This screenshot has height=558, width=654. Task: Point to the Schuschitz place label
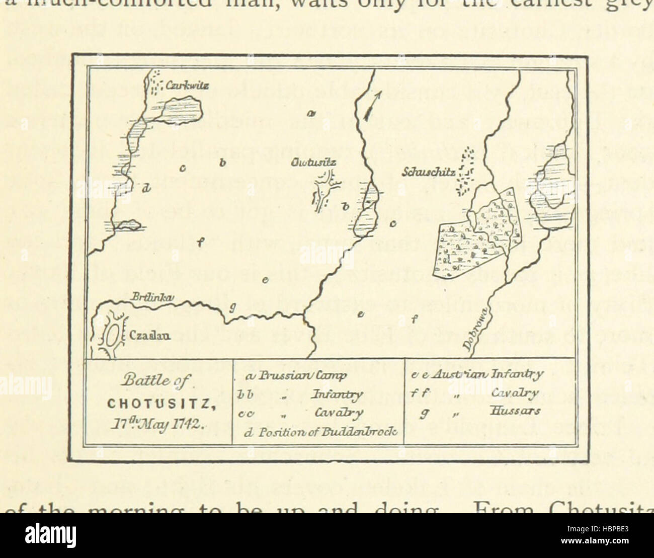pos(429,173)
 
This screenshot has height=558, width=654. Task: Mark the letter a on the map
pos(311,114)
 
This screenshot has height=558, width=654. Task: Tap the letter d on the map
pos(146,189)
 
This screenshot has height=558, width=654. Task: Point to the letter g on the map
pos(232,307)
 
